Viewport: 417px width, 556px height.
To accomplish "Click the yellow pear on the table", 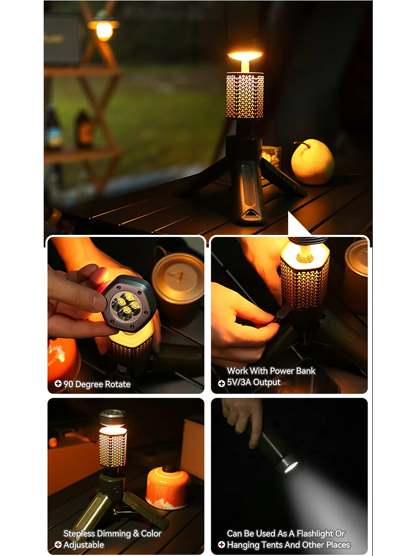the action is pyautogui.click(x=313, y=162).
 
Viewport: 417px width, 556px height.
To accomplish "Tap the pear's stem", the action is pyautogui.click(x=299, y=144).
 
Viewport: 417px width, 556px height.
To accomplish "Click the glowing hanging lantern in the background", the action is pyautogui.click(x=104, y=29).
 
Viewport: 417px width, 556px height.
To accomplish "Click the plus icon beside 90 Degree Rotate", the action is pyautogui.click(x=58, y=383).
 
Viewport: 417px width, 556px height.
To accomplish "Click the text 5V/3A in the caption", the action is pyautogui.click(x=239, y=382).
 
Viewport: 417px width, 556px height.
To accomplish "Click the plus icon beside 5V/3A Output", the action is pyautogui.click(x=222, y=383).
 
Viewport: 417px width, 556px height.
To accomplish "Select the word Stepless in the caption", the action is pyautogui.click(x=79, y=534).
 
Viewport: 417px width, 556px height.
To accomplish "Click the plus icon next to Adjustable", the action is pyautogui.click(x=58, y=545).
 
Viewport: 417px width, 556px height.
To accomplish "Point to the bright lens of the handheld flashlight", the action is pyautogui.click(x=290, y=467).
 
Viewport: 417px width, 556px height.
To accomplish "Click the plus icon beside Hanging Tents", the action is pyautogui.click(x=222, y=545).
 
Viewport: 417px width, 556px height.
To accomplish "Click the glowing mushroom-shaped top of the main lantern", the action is pyautogui.click(x=245, y=56).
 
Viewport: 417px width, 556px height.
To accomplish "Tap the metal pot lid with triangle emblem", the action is pyautogui.click(x=178, y=275).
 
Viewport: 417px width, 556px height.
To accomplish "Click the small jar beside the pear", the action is pyautogui.click(x=272, y=156).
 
